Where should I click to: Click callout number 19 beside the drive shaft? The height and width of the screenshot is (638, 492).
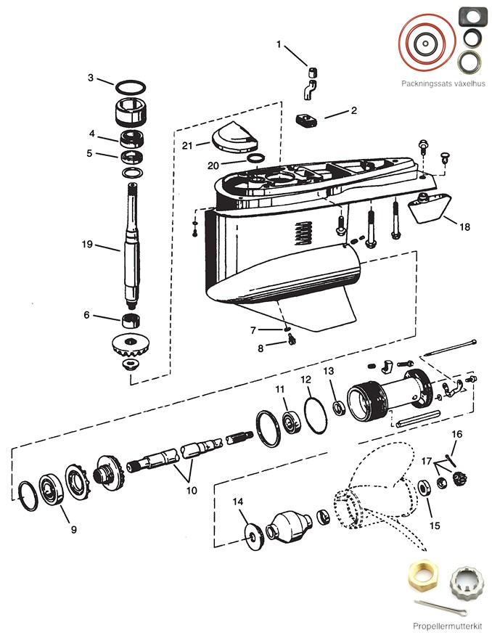coord(86,244)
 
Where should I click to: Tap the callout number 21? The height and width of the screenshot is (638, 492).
coord(187,146)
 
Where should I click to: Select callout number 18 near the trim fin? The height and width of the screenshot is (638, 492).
coord(464,227)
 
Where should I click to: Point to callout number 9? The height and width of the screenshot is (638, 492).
coord(73,529)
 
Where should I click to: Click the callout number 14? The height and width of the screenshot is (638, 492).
coord(238,502)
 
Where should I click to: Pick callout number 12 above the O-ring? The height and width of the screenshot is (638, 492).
coord(306,380)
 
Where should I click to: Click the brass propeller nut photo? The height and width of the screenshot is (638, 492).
coord(424,579)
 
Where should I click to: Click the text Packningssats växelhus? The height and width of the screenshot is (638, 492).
coord(443,83)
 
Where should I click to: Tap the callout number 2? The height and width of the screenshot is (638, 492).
coord(353,111)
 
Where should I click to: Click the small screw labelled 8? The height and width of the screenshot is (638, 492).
coord(290,342)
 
